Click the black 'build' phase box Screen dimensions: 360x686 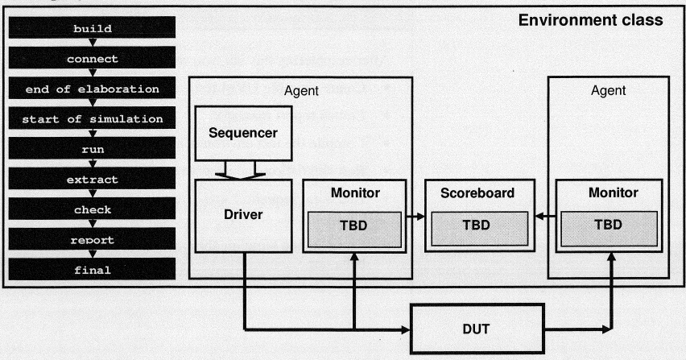pyautogui.click(x=92, y=29)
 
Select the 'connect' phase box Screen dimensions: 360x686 pyautogui.click(x=92, y=59)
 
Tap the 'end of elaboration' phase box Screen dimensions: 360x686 pyautogui.click(x=92, y=89)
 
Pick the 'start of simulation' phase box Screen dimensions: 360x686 pyautogui.click(x=92, y=119)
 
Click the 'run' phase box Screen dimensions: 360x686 pyautogui.click(x=92, y=149)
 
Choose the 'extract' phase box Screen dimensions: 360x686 pyautogui.click(x=92, y=180)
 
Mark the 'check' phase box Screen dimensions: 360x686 pyautogui.click(x=92, y=209)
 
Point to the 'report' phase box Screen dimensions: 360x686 pyautogui.click(x=92, y=240)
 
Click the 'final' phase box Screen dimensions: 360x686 pyautogui.click(x=92, y=270)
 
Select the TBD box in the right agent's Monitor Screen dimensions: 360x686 pyautogui.click(x=608, y=225)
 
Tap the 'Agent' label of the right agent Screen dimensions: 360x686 pyautogui.click(x=608, y=91)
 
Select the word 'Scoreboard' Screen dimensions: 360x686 pyautogui.click(x=477, y=193)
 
